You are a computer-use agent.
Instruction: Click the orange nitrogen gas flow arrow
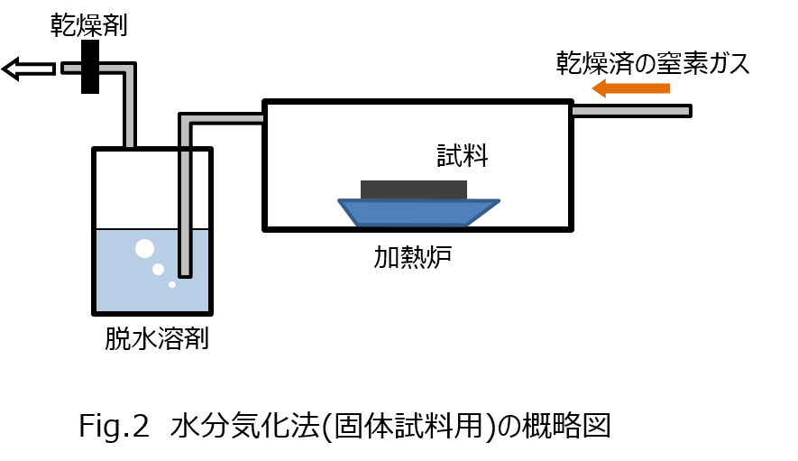(630, 88)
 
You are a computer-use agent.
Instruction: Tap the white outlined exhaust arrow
(29, 69)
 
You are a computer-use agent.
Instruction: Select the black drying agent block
(90, 67)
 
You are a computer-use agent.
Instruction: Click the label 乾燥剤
(88, 25)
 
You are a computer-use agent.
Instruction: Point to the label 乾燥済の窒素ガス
(653, 63)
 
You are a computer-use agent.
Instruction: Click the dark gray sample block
(414, 189)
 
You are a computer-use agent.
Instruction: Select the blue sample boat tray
(418, 212)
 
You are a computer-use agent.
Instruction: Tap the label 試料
(462, 155)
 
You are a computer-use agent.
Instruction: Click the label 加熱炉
(412, 256)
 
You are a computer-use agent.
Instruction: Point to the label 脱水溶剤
(157, 338)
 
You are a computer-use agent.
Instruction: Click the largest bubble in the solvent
(144, 249)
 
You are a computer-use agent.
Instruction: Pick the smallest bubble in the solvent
(172, 285)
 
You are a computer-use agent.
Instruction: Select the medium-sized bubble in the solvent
(159, 269)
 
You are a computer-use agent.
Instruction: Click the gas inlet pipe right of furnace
(631, 111)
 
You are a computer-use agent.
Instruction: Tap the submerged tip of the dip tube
(185, 275)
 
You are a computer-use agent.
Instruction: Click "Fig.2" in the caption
(114, 426)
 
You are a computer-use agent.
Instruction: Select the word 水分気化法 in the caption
(244, 426)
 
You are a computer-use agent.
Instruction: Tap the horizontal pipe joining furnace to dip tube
(226, 119)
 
